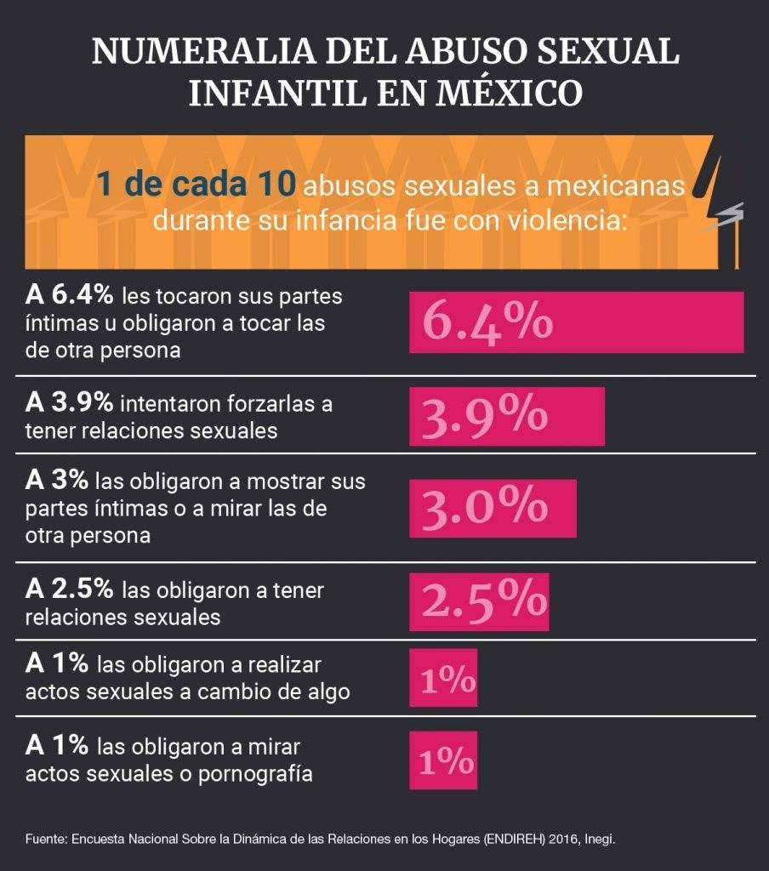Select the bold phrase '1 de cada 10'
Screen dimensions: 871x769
coord(197,185)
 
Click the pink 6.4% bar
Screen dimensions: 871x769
coord(576,322)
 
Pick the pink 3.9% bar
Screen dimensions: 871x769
coord(506,416)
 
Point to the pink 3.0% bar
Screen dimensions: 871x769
coord(493,508)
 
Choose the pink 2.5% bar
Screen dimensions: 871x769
coord(479,601)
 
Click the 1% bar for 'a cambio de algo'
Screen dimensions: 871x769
coord(443,678)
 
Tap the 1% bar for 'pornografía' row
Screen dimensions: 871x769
coord(443,760)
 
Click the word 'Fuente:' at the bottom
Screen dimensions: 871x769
coord(46,839)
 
